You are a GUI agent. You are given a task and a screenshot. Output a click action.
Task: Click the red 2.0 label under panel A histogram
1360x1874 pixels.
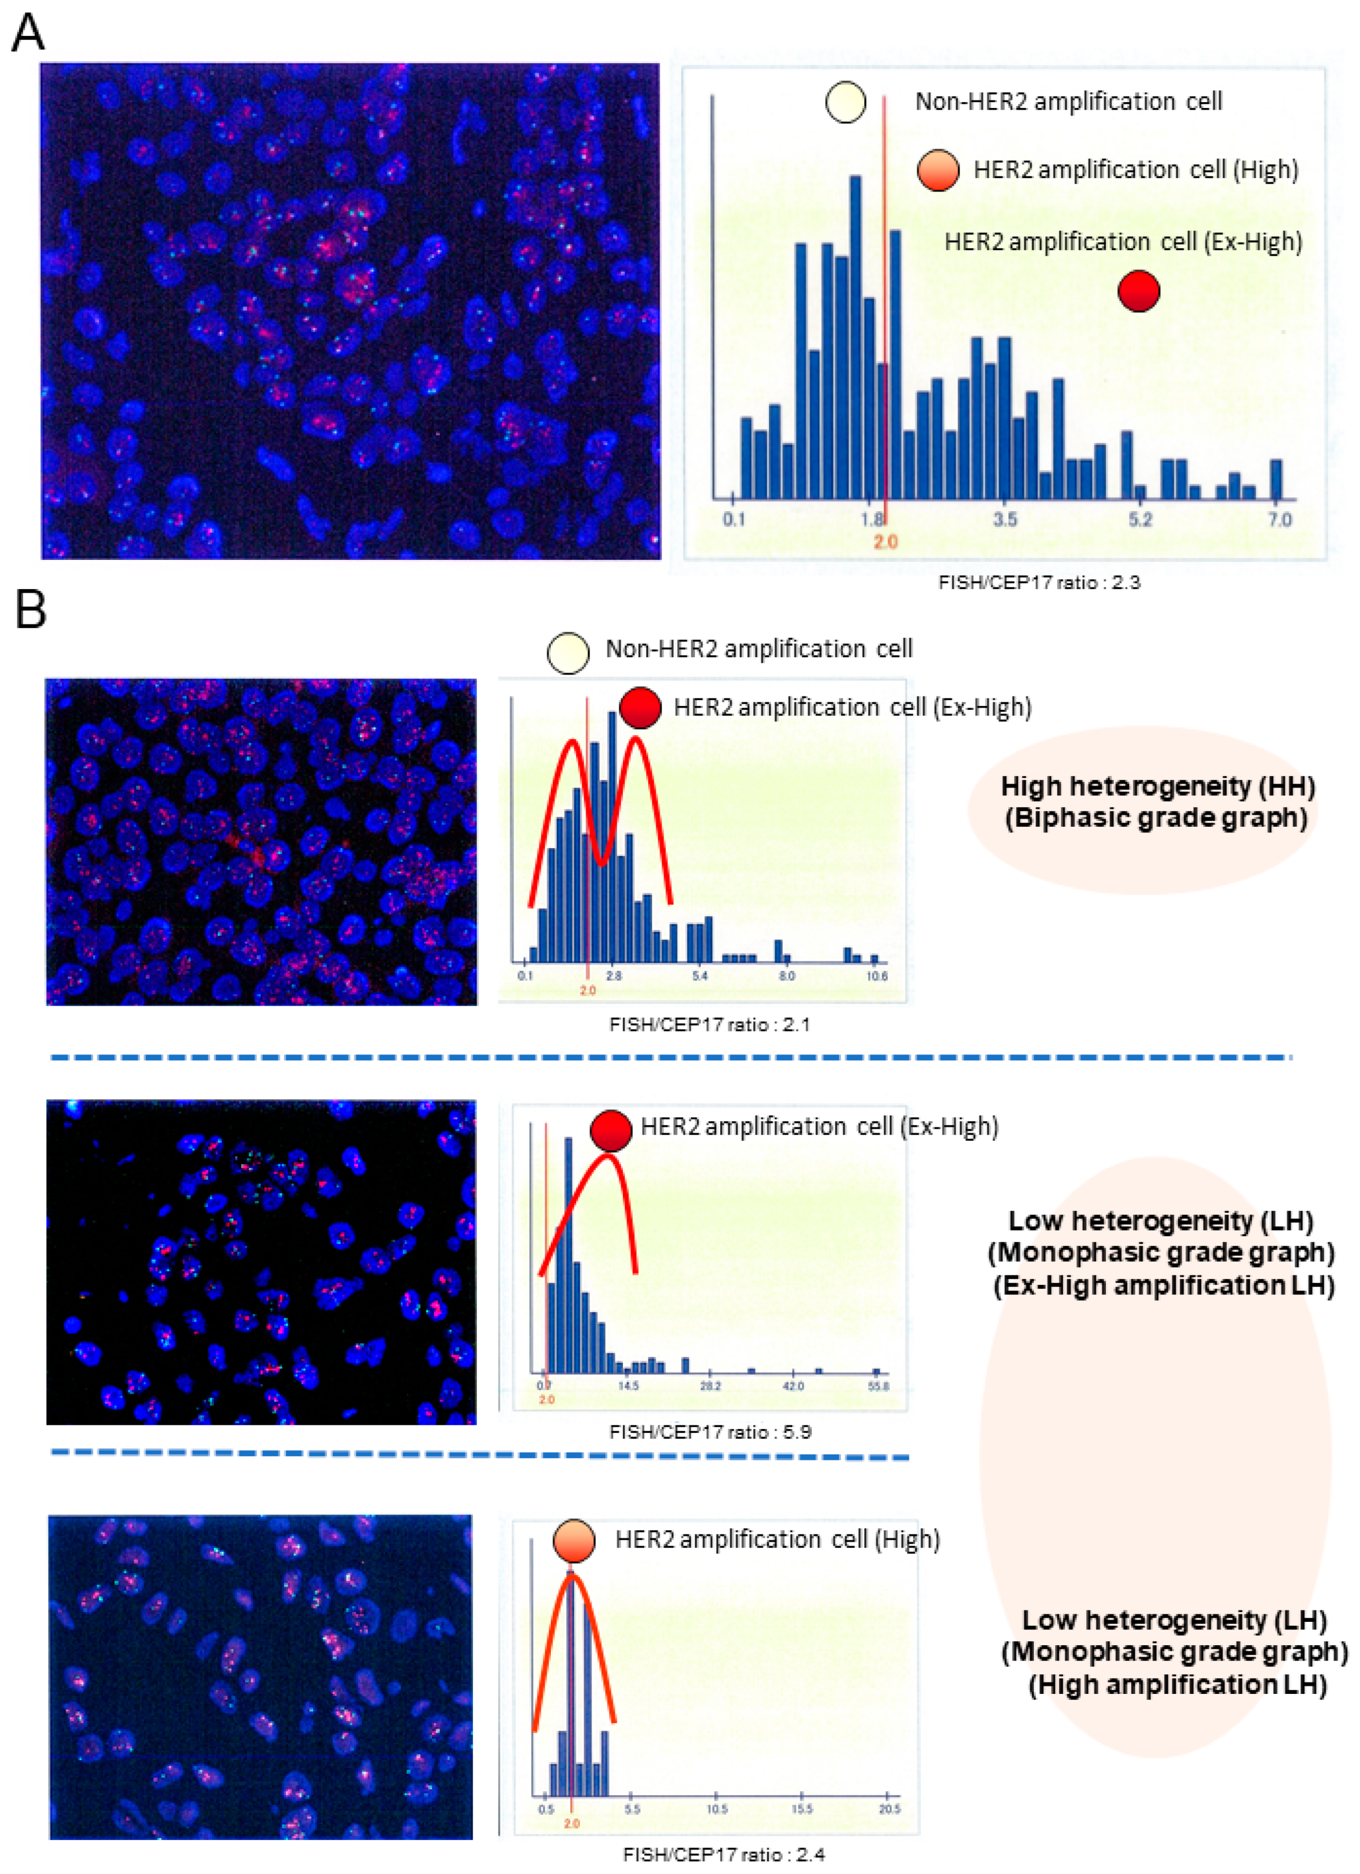885,542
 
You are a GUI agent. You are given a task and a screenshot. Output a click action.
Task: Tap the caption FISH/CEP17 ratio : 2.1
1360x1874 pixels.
709,1024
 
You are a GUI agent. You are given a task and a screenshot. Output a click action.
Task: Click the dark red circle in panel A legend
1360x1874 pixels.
1139,291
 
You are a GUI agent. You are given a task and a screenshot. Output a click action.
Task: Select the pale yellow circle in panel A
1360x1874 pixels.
845,102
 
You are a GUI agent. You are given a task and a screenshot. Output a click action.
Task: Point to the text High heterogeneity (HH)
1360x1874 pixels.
1158,786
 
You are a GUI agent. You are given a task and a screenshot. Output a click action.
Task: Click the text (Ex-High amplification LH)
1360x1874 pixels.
1164,1286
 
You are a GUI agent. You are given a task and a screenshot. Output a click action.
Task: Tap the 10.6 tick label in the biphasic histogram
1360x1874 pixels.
876,976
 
